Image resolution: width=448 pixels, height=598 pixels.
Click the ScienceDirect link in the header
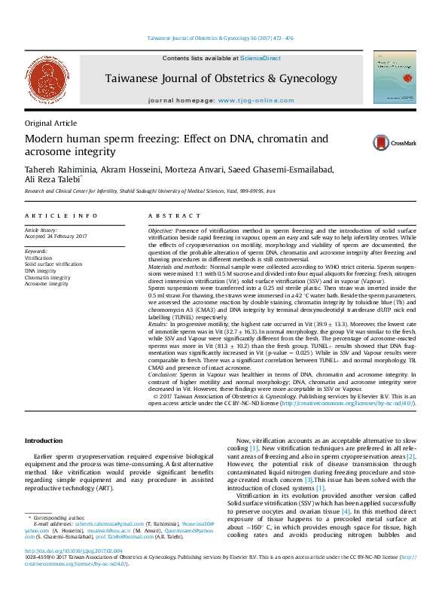[x=260, y=58]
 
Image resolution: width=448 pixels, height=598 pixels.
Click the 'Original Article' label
[x=48, y=123]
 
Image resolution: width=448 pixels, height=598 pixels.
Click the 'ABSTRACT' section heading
[x=170, y=215]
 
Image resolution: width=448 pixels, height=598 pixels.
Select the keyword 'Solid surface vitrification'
[x=53, y=265]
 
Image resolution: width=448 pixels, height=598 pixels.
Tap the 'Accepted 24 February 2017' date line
[x=56, y=235]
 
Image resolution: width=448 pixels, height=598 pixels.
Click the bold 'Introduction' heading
[x=43, y=440]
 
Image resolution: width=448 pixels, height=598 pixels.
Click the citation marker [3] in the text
[x=308, y=479]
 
